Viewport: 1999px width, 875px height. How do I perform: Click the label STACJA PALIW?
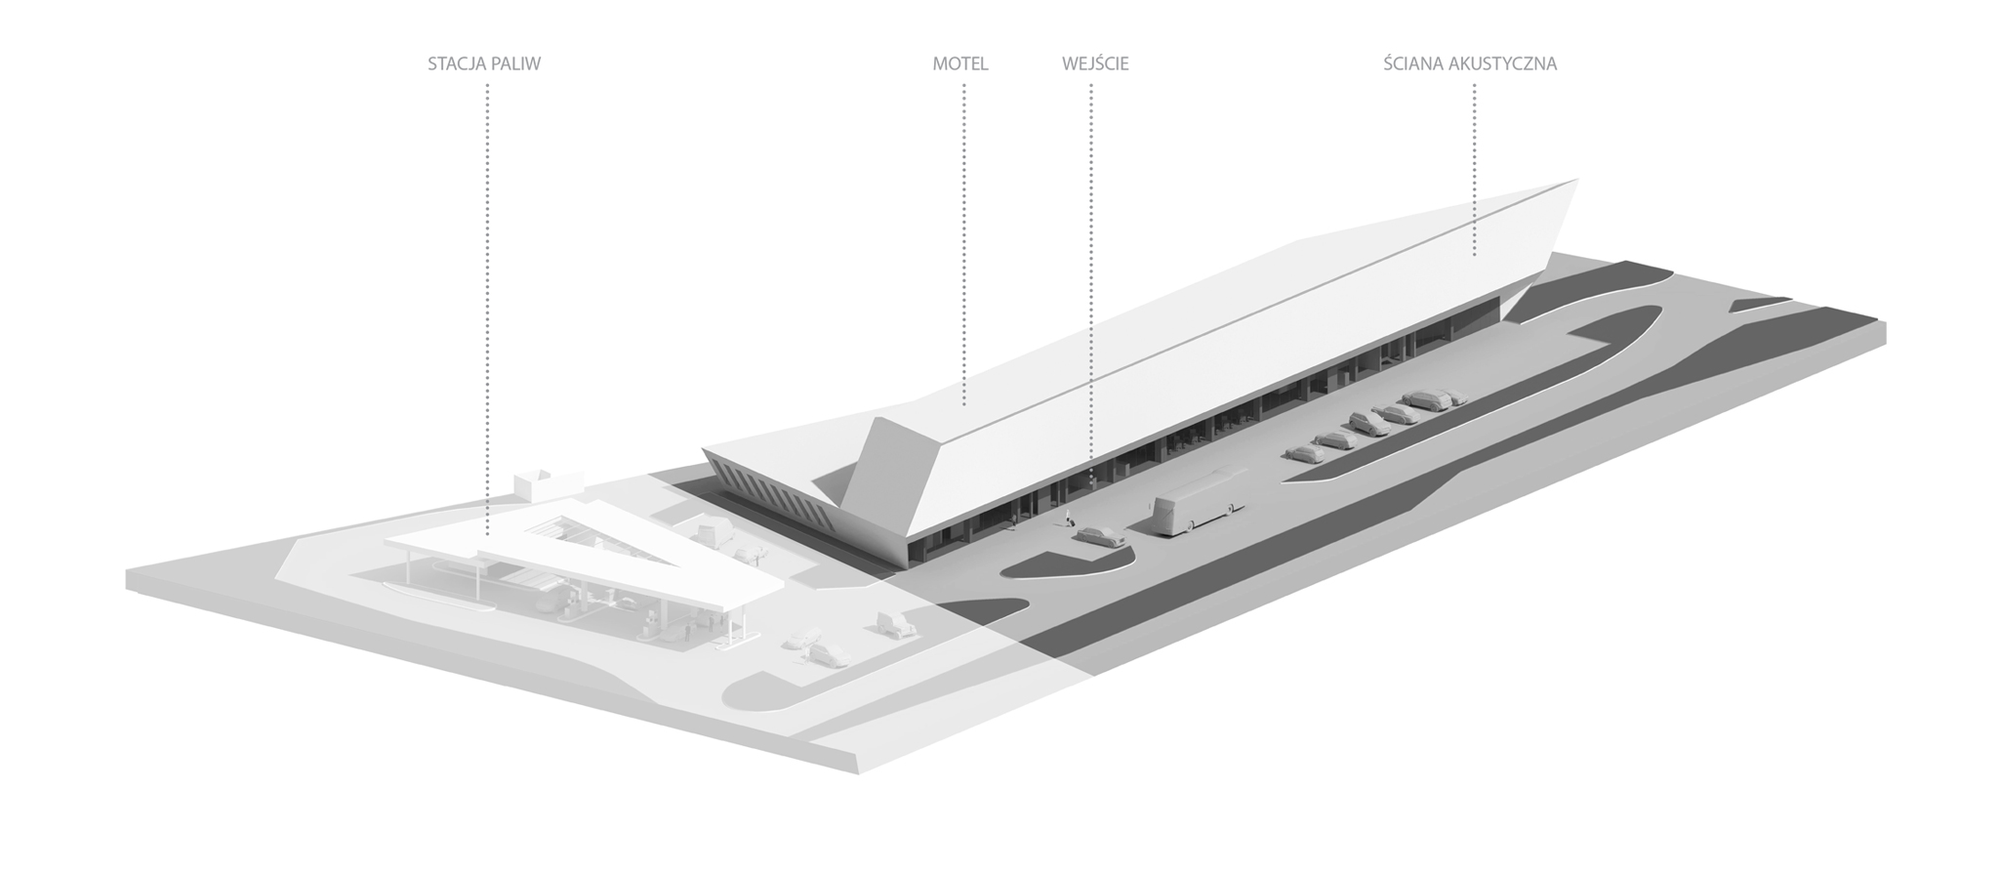click(483, 64)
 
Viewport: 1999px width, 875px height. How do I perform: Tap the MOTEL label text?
click(960, 64)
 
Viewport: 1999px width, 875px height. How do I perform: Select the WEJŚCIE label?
click(1095, 64)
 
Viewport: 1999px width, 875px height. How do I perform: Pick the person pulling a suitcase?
click(1069, 516)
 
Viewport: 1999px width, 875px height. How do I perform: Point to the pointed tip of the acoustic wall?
click(1573, 182)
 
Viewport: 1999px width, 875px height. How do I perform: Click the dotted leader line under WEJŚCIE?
click(1090, 293)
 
